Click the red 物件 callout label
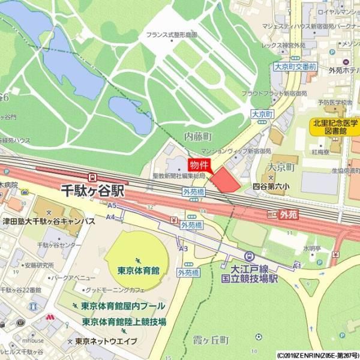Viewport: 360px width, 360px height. point(199,164)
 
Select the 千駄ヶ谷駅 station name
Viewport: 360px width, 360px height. point(93,191)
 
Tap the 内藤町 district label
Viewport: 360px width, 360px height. point(199,137)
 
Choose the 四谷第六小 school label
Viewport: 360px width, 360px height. point(271,187)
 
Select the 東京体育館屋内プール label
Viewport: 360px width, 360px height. point(123,306)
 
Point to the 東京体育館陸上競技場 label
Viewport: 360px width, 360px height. point(124,322)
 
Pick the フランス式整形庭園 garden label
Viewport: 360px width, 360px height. point(172,35)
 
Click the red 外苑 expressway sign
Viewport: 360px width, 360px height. point(288,214)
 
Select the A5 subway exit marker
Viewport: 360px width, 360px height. point(112,205)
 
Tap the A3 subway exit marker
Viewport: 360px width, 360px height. point(184,248)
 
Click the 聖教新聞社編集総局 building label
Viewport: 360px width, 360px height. point(179,176)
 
